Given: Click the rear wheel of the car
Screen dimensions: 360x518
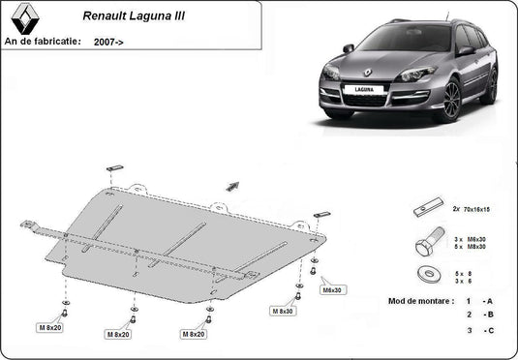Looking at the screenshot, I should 489,86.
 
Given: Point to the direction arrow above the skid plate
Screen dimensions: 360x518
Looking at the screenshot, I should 231,184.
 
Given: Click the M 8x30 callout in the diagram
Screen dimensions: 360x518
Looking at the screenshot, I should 283,312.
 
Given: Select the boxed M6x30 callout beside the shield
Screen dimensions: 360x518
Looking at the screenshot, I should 333,289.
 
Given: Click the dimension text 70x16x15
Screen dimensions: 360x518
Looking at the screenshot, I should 474,208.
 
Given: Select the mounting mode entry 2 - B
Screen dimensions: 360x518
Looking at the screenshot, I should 480,315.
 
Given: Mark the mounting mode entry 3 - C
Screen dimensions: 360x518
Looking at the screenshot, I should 480,332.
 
